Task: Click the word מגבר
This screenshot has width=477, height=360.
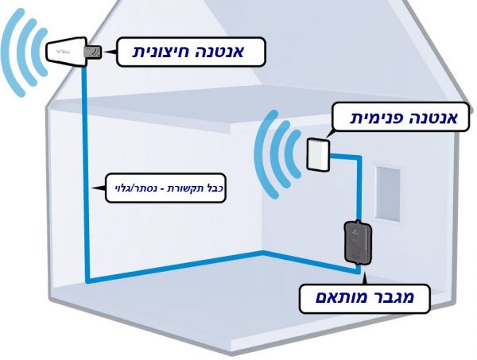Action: click(x=391, y=297)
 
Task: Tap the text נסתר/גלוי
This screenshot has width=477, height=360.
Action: click(x=137, y=188)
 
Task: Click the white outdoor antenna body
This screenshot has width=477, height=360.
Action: click(x=65, y=52)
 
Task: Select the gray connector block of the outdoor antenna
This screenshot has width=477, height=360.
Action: click(x=93, y=52)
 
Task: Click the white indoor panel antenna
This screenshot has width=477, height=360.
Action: click(x=318, y=154)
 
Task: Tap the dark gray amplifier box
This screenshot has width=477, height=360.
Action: click(x=358, y=242)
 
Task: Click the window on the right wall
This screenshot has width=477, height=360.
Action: click(x=388, y=193)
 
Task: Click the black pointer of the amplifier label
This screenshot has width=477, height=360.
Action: click(x=365, y=278)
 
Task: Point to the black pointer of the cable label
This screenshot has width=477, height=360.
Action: click(x=98, y=188)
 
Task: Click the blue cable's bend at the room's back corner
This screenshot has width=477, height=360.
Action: click(x=263, y=253)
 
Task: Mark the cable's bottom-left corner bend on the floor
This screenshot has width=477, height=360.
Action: click(x=88, y=281)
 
